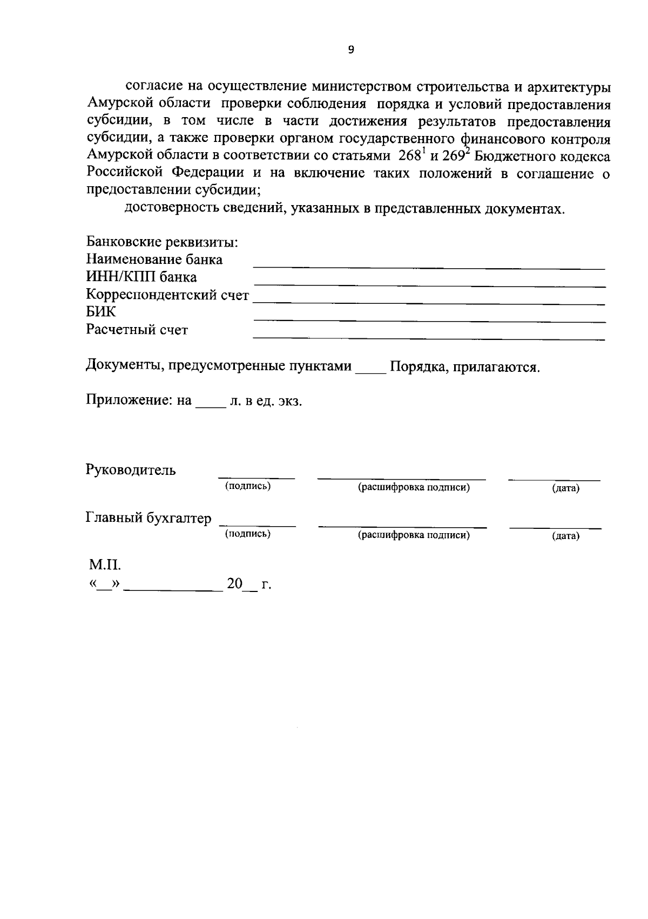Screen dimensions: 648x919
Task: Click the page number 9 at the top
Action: [352, 50]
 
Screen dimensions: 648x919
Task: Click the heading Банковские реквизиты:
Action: [162, 242]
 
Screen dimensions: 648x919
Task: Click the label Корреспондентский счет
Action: [167, 295]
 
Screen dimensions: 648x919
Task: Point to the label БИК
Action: [101, 312]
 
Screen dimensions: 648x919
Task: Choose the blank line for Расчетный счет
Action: [429, 338]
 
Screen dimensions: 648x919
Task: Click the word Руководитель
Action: [131, 470]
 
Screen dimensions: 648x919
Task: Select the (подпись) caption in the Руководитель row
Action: [248, 487]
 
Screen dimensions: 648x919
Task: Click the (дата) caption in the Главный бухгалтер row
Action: [565, 536]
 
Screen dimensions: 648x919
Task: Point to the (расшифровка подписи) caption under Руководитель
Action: [414, 488]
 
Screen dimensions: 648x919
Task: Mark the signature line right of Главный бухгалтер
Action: [257, 525]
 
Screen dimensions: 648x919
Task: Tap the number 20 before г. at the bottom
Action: [234, 584]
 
